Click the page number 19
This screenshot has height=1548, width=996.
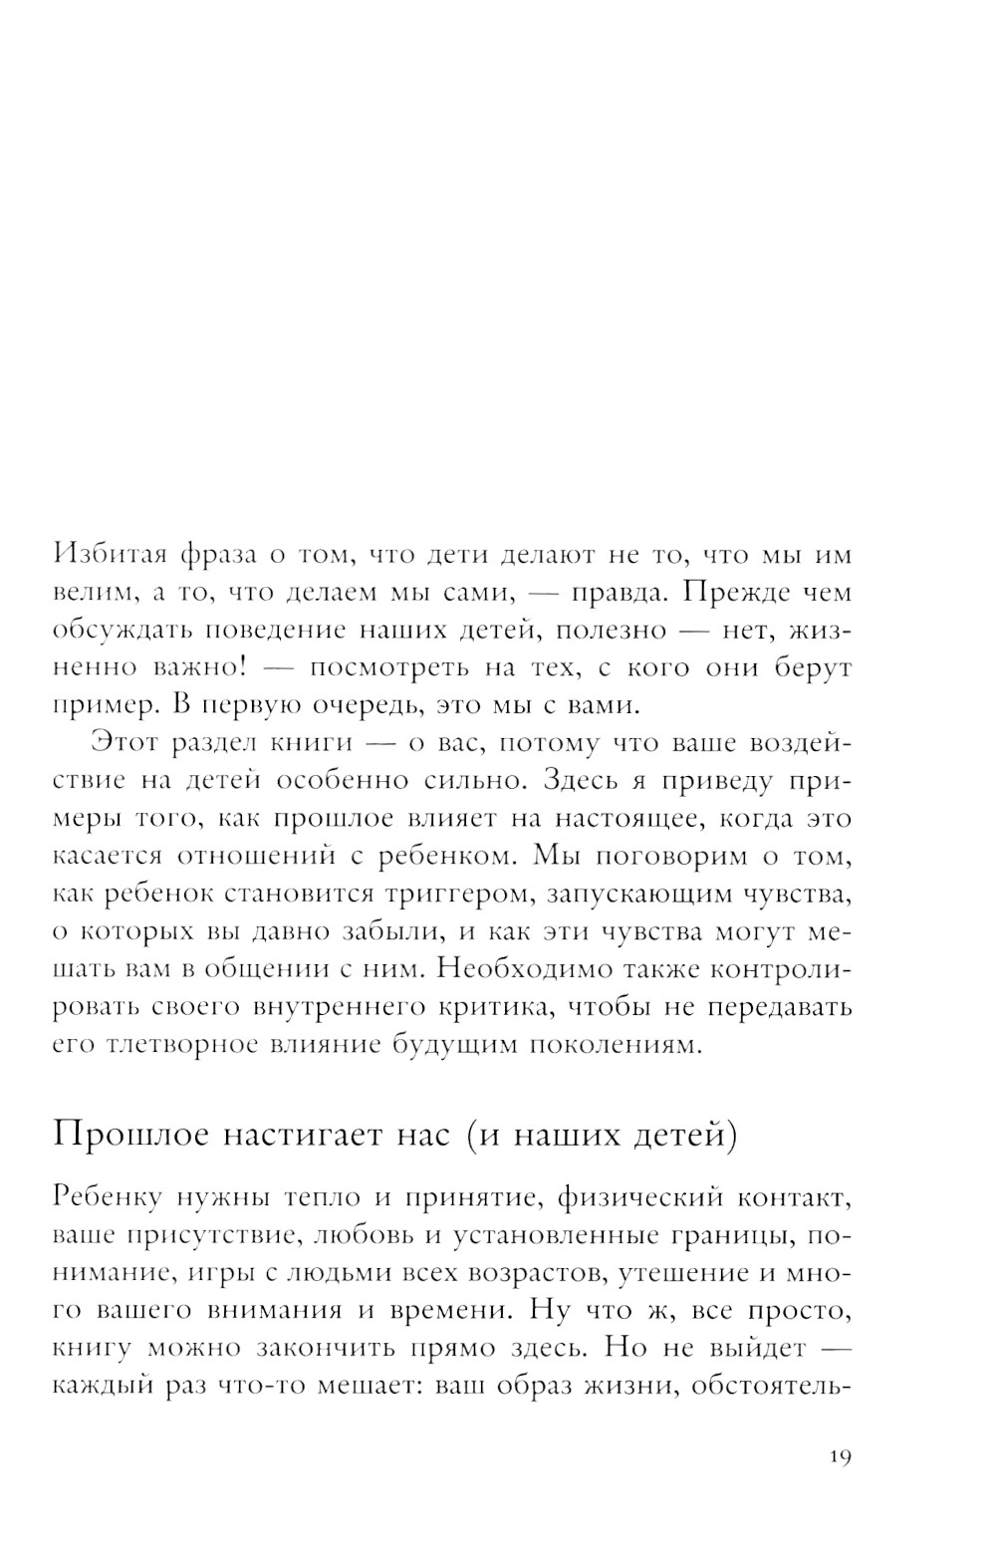tap(839, 1457)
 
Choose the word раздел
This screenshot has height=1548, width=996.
tap(200, 743)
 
